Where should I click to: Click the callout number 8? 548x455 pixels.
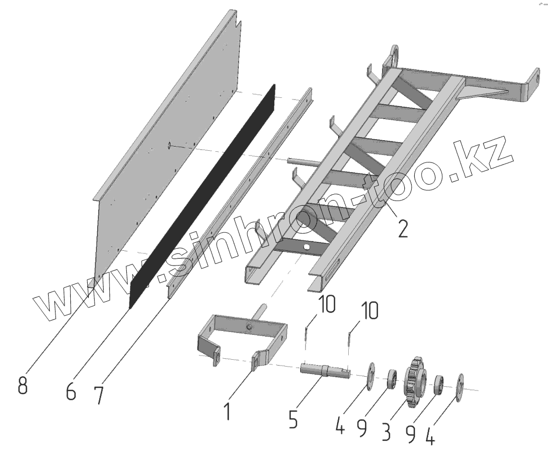pyautogui.click(x=22, y=384)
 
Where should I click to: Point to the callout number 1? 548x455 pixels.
pyautogui.click(x=227, y=411)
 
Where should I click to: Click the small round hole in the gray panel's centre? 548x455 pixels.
pyautogui.click(x=169, y=145)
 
